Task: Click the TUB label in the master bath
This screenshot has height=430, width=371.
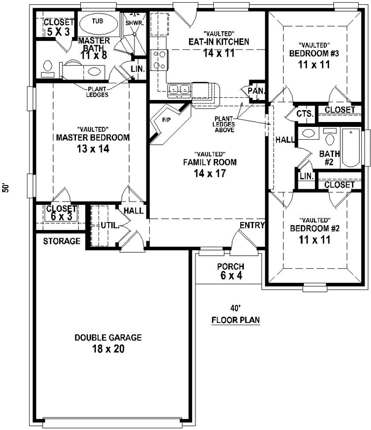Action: click(97, 21)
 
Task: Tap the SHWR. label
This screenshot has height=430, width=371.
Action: click(133, 23)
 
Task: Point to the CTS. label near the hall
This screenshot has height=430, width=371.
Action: click(304, 114)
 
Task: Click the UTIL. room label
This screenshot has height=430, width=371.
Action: click(110, 225)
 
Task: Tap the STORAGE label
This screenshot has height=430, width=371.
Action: click(61, 241)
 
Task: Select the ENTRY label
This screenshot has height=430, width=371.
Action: click(252, 225)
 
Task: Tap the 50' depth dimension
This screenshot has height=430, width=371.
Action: click(6, 189)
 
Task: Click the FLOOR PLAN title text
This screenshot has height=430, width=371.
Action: click(235, 320)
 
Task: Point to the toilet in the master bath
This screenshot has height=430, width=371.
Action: click(48, 67)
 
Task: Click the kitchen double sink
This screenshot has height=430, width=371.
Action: click(178, 89)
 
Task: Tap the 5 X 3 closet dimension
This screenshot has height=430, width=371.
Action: click(58, 32)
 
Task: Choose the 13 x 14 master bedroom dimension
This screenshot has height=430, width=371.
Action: click(93, 149)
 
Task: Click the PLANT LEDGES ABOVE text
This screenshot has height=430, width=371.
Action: click(223, 124)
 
